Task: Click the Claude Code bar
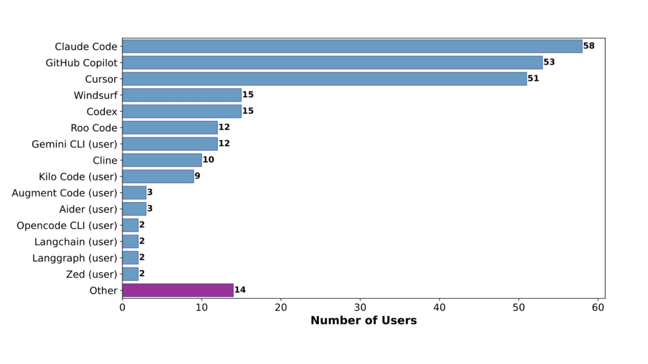352,46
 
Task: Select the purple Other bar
178,290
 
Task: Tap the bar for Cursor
324,78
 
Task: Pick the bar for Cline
162,160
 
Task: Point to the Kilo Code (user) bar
158,176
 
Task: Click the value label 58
589,46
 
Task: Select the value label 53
549,62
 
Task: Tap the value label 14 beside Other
240,290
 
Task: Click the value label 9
197,176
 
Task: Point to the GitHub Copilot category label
81,63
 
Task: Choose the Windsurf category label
95,95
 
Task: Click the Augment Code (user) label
64,193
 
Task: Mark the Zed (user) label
91,274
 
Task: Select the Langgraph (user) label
75,258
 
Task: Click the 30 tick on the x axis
360,307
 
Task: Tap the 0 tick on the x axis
122,307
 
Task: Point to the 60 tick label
598,307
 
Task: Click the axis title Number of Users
363,320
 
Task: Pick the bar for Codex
182,111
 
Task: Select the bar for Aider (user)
134,209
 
